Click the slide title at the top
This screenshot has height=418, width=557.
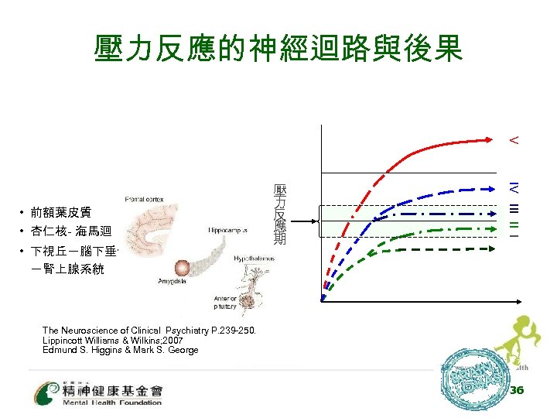coord(278,48)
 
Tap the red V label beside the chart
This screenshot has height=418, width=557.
coord(513,141)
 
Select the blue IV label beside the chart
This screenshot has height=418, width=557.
coord(513,187)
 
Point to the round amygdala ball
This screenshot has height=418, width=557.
coord(183,269)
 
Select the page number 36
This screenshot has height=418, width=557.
coord(517,390)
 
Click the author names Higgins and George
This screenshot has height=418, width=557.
coord(120,350)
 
